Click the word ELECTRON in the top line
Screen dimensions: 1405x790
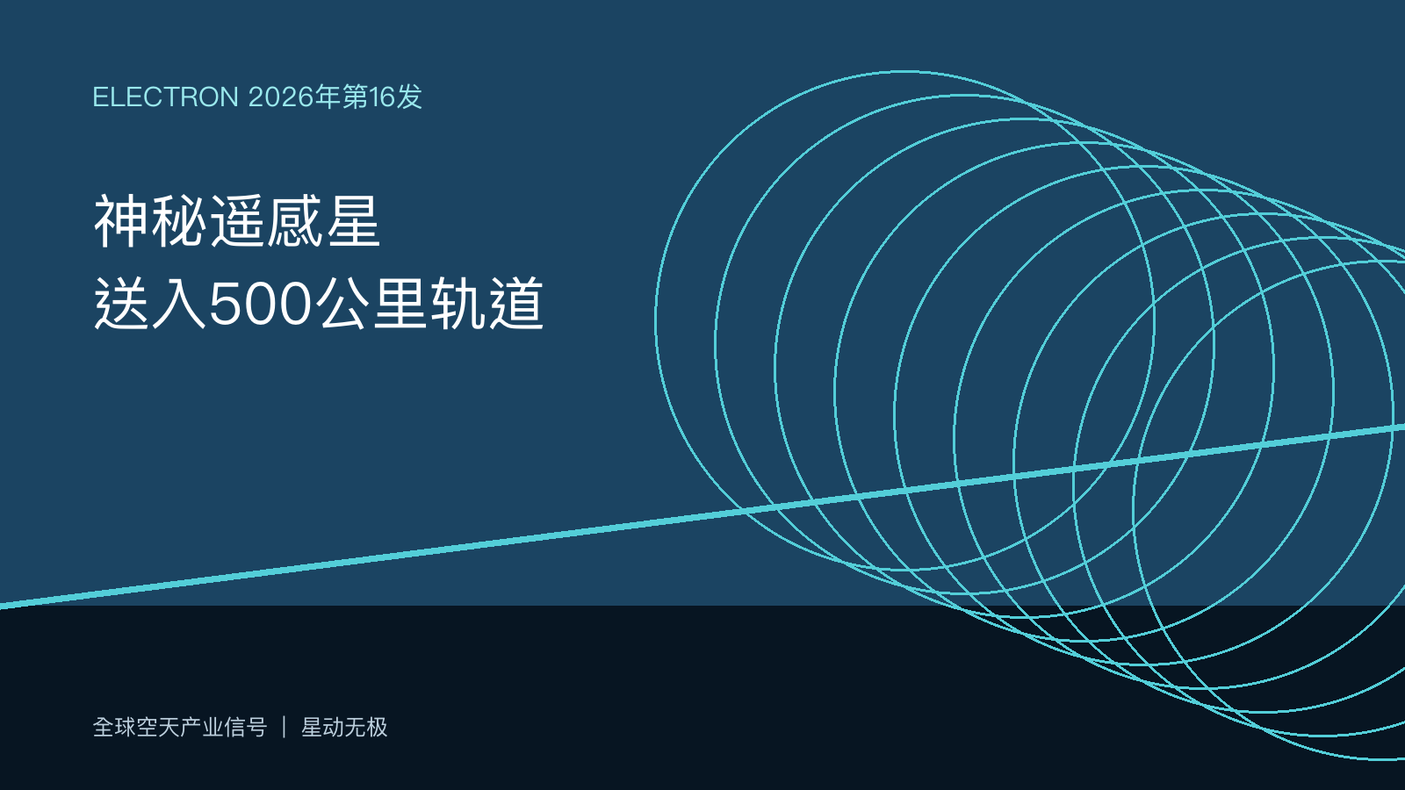click(166, 97)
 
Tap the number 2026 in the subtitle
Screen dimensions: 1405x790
click(281, 97)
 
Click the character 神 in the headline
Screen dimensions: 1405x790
click(121, 221)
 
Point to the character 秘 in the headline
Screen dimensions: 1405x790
click(179, 221)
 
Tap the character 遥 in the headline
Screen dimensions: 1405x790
click(236, 221)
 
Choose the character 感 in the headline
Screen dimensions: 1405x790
click(294, 221)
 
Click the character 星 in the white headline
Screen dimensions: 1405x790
click(352, 221)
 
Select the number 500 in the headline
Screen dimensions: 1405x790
click(260, 304)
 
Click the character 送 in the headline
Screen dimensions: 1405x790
click(121, 304)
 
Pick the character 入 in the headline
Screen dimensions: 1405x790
click(179, 304)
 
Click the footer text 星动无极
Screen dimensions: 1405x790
click(344, 728)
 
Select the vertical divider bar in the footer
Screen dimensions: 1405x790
click(285, 728)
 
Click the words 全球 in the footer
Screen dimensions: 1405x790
click(114, 728)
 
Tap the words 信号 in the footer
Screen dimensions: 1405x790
click(245, 728)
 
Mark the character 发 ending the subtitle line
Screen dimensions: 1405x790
click(409, 97)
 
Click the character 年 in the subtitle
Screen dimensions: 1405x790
click(328, 97)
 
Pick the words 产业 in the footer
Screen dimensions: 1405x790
click(201, 728)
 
